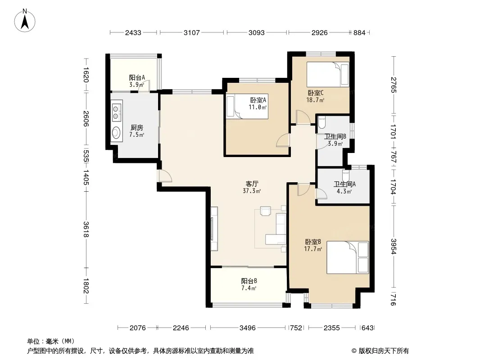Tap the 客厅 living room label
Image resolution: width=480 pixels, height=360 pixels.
pyautogui.click(x=252, y=184)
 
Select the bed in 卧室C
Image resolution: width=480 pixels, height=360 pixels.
pyautogui.click(x=327, y=75)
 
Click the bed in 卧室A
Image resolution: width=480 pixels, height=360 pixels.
pyautogui.click(x=247, y=106)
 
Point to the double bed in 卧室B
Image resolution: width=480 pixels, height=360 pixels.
pyautogui.click(x=348, y=257)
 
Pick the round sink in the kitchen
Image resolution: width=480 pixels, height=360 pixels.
pyautogui.click(x=116, y=133)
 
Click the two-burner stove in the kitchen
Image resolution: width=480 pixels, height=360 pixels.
pyautogui.click(x=116, y=112)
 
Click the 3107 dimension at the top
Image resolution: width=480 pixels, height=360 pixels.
pyautogui.click(x=192, y=32)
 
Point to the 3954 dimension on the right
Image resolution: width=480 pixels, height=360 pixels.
pyautogui.click(x=394, y=246)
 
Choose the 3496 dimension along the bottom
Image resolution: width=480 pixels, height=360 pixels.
pyautogui.click(x=247, y=328)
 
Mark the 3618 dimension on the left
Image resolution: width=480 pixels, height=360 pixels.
pyautogui.click(x=86, y=229)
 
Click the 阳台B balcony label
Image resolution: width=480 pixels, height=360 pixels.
pyautogui.click(x=249, y=281)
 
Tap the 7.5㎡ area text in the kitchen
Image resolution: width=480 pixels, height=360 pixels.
pyautogui.click(x=136, y=135)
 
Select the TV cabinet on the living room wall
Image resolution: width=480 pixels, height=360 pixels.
pyautogui.click(x=214, y=229)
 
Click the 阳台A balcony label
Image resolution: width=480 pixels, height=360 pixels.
pyautogui.click(x=137, y=78)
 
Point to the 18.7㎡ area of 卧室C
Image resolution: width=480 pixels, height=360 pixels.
pyautogui.click(x=315, y=100)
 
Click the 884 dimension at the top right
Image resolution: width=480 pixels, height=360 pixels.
pyautogui.click(x=359, y=32)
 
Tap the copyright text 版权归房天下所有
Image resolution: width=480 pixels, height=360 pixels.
pyautogui.click(x=384, y=351)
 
